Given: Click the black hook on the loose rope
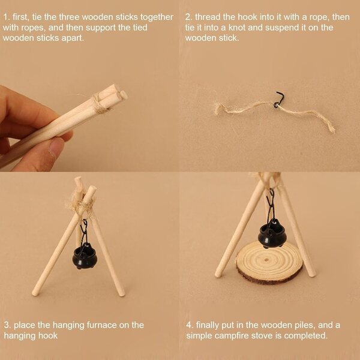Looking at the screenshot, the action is coord(279,99).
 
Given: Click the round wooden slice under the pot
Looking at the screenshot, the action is coord(269,262).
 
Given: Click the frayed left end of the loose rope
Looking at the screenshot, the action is coord(218,108).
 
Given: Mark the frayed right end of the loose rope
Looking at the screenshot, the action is coord(331,129).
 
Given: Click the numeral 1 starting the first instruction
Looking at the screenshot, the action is coord(6,17).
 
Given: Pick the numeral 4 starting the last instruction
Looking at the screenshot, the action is coord(189,325).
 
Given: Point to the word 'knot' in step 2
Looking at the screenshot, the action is coord(237,28).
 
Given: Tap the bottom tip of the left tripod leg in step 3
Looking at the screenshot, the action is coord(35,293).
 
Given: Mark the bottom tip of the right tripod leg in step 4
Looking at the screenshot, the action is coord(312,274).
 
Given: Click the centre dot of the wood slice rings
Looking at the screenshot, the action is coord(266,260).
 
